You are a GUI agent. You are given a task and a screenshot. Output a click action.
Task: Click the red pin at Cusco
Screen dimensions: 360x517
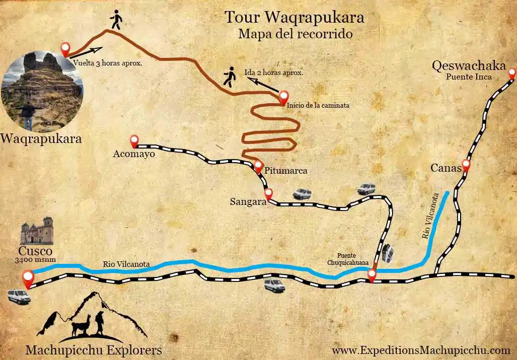pyautogui.click(x=28, y=277)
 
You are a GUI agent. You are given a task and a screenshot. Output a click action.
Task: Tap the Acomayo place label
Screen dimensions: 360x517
pyautogui.click(x=134, y=155)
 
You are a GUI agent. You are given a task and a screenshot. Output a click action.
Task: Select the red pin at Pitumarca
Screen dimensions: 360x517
pyautogui.click(x=258, y=166)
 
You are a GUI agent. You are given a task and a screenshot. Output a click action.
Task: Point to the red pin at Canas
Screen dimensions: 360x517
pyautogui.click(x=466, y=164)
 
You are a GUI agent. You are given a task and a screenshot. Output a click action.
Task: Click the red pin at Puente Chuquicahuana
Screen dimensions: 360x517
pyautogui.click(x=372, y=275)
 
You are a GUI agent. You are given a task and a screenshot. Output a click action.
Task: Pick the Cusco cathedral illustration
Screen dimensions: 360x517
pyautogui.click(x=37, y=231)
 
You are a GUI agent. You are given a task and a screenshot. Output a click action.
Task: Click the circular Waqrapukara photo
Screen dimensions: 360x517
pyautogui.click(x=42, y=91)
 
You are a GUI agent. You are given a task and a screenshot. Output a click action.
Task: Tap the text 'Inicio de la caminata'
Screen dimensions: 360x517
pyautogui.click(x=317, y=106)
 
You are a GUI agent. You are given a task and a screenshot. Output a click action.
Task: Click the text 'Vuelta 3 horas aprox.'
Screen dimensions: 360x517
pyautogui.click(x=107, y=63)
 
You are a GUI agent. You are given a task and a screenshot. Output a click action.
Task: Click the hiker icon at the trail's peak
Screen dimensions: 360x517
pyautogui.click(x=116, y=20)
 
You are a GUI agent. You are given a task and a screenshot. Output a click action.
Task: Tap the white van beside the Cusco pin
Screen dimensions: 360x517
pyautogui.click(x=19, y=297)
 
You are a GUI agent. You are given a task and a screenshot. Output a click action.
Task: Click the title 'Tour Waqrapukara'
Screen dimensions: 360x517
pyautogui.click(x=294, y=17)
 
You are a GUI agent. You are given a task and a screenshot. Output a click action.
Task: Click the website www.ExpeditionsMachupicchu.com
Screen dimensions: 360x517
pyautogui.click(x=421, y=349)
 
